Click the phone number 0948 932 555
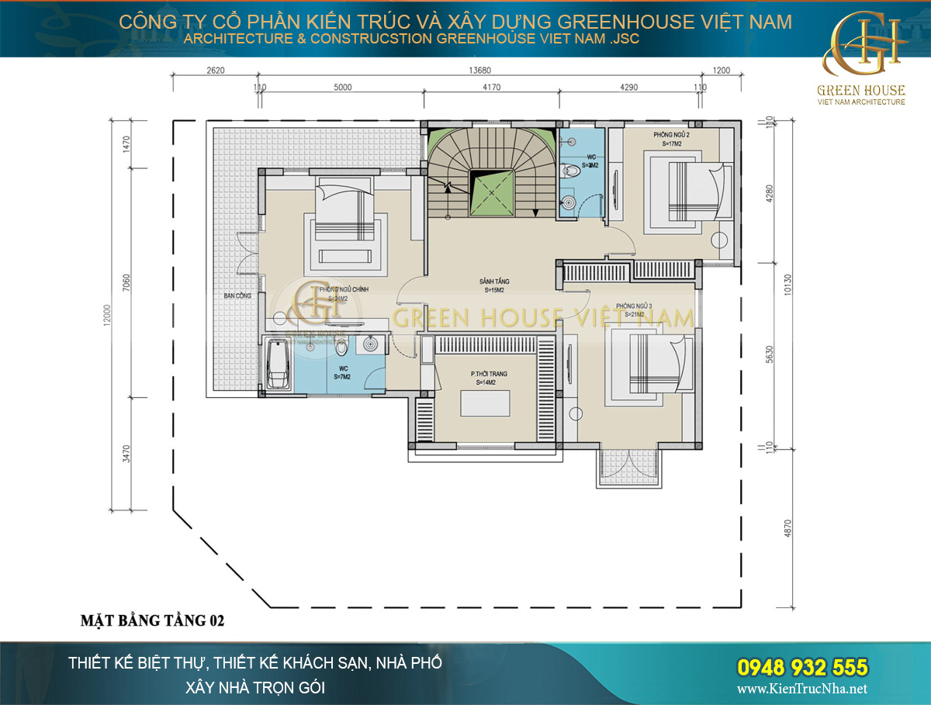coord(801,666)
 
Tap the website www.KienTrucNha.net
coord(801,689)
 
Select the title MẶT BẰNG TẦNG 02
coord(153,620)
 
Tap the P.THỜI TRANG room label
coord(489,374)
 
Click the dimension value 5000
coord(342,87)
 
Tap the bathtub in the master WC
coord(278,365)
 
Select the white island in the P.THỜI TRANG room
coord(486,404)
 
